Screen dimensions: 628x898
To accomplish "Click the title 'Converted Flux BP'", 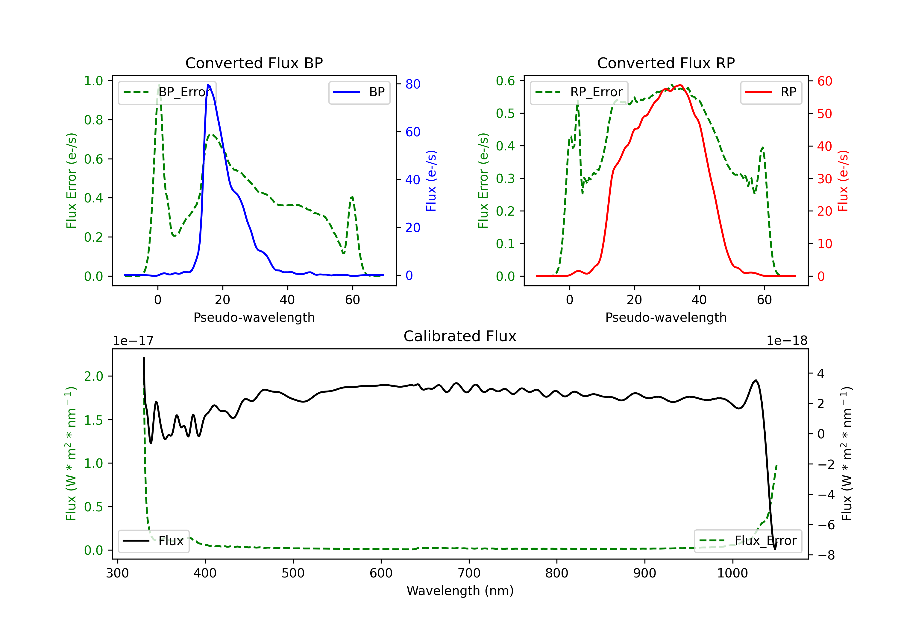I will (254, 63).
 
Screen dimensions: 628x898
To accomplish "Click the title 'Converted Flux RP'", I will (666, 63).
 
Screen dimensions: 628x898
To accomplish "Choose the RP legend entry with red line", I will (771, 92).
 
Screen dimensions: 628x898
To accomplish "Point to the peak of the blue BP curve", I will (208, 85).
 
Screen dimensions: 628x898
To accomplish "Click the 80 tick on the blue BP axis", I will (412, 84).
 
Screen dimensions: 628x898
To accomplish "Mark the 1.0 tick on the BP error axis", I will (93, 81).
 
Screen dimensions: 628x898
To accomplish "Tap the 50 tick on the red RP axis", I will (824, 114).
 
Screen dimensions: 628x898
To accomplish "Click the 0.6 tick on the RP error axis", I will (505, 81).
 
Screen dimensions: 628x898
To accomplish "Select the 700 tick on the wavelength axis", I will (469, 573).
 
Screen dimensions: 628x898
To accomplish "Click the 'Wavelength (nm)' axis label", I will (460, 591).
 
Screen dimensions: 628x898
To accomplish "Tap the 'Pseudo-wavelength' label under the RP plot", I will (666, 317).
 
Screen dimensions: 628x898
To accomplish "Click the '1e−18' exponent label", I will (787, 341).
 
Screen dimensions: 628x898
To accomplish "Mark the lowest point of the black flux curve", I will (774, 549).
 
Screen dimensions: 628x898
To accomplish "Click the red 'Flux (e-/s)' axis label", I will (843, 181).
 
